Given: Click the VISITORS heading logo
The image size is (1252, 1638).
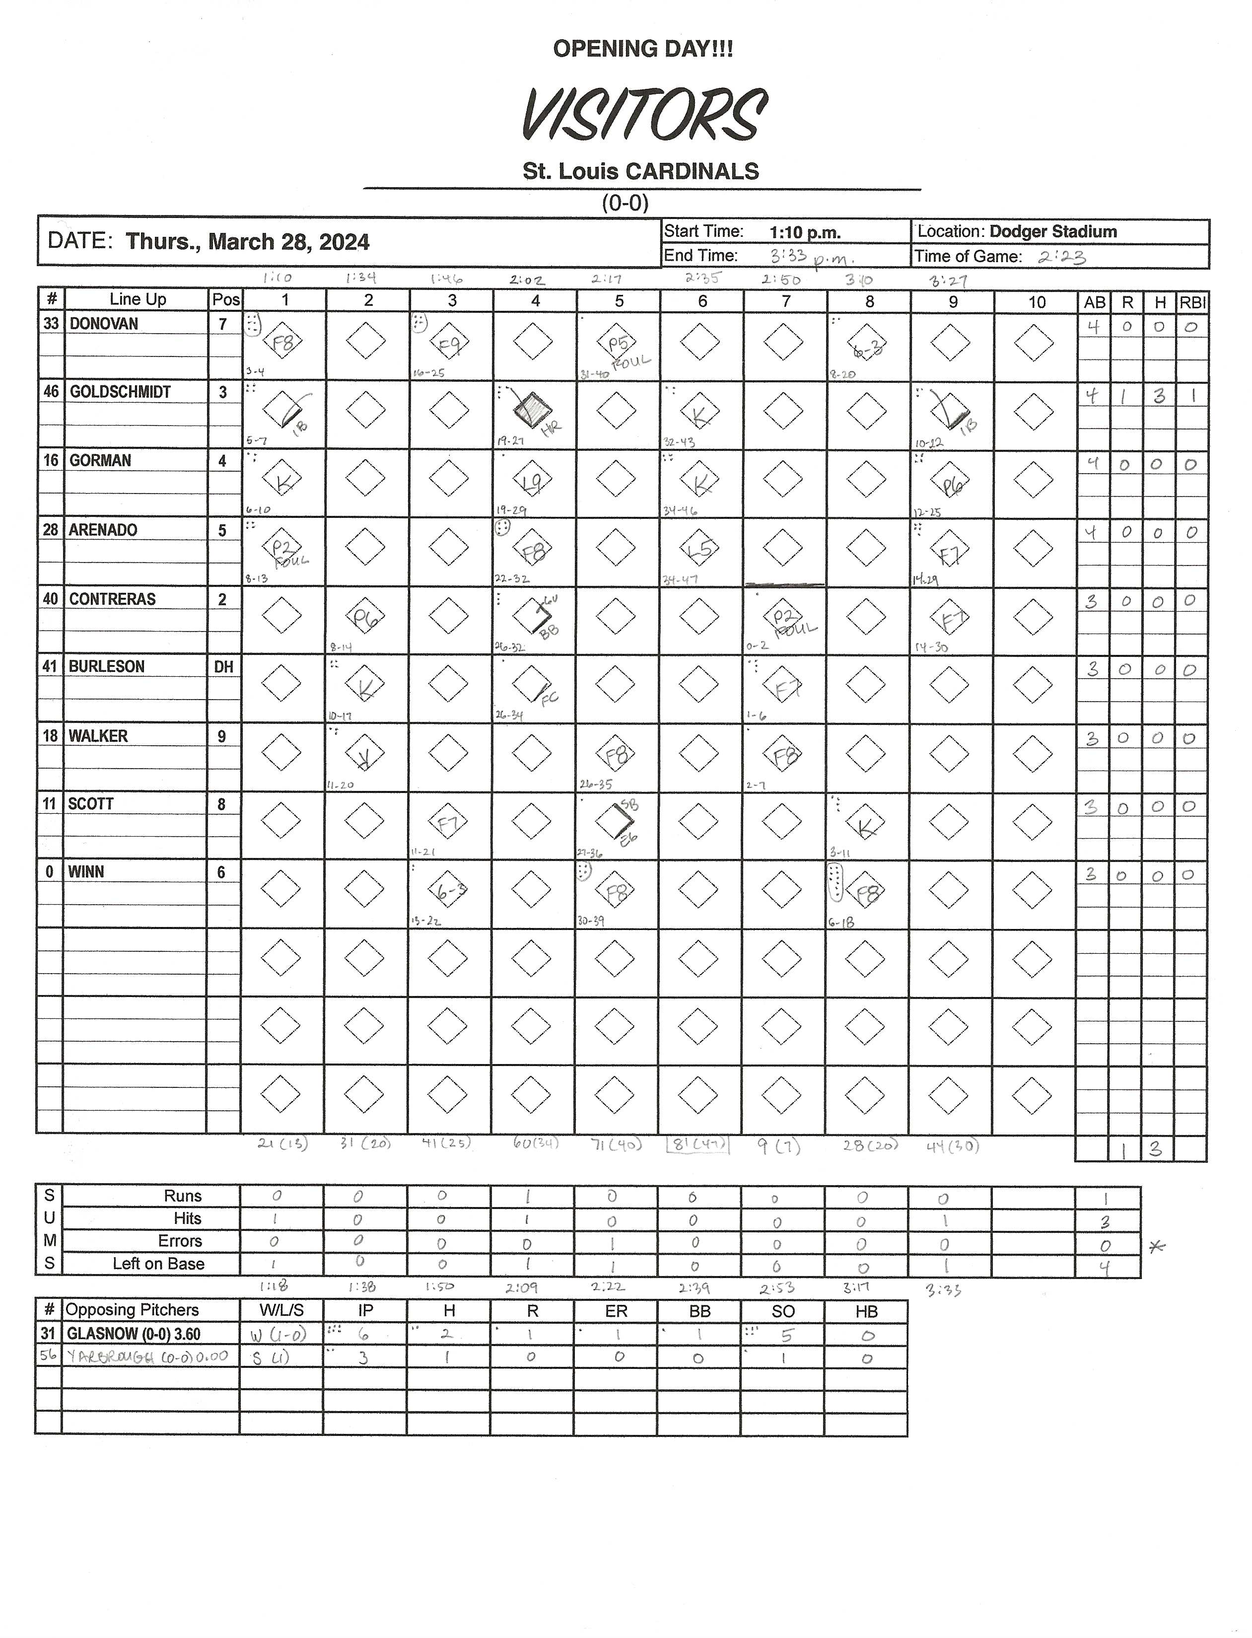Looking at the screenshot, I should pyautogui.click(x=644, y=115).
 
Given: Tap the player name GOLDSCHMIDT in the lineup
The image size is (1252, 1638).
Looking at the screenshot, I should pyautogui.click(x=120, y=392).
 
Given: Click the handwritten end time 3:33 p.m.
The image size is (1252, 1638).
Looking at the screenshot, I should pyautogui.click(x=811, y=257).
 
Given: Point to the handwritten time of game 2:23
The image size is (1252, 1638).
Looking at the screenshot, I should pyautogui.click(x=1062, y=258).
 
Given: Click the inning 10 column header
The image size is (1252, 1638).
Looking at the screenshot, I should pyautogui.click(x=1036, y=302).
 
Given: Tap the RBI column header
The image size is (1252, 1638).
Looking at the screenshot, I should pyautogui.click(x=1191, y=302).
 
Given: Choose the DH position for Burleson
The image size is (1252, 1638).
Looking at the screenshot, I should pyautogui.click(x=223, y=667).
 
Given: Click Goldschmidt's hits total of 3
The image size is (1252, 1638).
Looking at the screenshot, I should pyautogui.click(x=1159, y=396).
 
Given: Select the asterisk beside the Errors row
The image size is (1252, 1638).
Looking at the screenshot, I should pyautogui.click(x=1157, y=1247).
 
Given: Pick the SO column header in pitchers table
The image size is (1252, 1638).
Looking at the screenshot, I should pyautogui.click(x=782, y=1311).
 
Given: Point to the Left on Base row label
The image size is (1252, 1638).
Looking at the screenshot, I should pyautogui.click(x=158, y=1264).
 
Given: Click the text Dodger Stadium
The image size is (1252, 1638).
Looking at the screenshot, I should pyautogui.click(x=1052, y=232).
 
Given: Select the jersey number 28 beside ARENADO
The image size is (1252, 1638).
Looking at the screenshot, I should pyautogui.click(x=50, y=530).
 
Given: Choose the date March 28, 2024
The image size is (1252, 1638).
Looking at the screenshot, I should pyautogui.click(x=288, y=241).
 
